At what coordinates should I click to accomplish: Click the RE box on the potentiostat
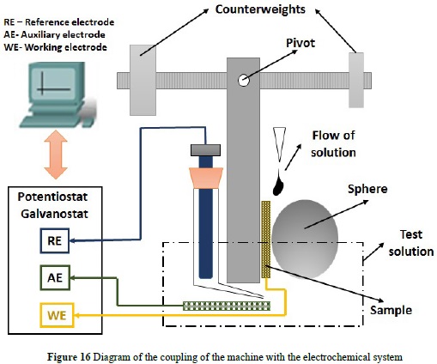point(55,240)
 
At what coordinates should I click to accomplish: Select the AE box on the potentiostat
point(55,277)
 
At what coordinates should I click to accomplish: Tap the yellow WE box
point(58,315)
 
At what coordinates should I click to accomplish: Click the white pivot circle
point(243,81)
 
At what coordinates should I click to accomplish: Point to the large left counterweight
point(143,80)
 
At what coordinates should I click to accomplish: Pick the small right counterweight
point(356,80)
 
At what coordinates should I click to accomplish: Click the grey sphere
point(305,239)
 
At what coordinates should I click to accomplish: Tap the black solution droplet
point(278,185)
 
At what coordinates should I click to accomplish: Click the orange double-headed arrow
point(56,155)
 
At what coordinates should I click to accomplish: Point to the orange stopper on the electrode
point(206,178)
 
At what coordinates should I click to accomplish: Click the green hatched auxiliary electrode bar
point(227,306)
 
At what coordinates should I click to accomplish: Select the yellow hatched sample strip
point(266,240)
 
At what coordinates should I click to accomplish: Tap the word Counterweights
point(260,9)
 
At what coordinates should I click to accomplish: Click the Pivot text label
point(300,43)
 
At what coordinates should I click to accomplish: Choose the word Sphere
point(367,189)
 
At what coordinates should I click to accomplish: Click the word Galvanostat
point(54,214)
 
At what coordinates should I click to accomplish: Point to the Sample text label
point(391,310)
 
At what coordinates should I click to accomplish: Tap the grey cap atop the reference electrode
point(205,150)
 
